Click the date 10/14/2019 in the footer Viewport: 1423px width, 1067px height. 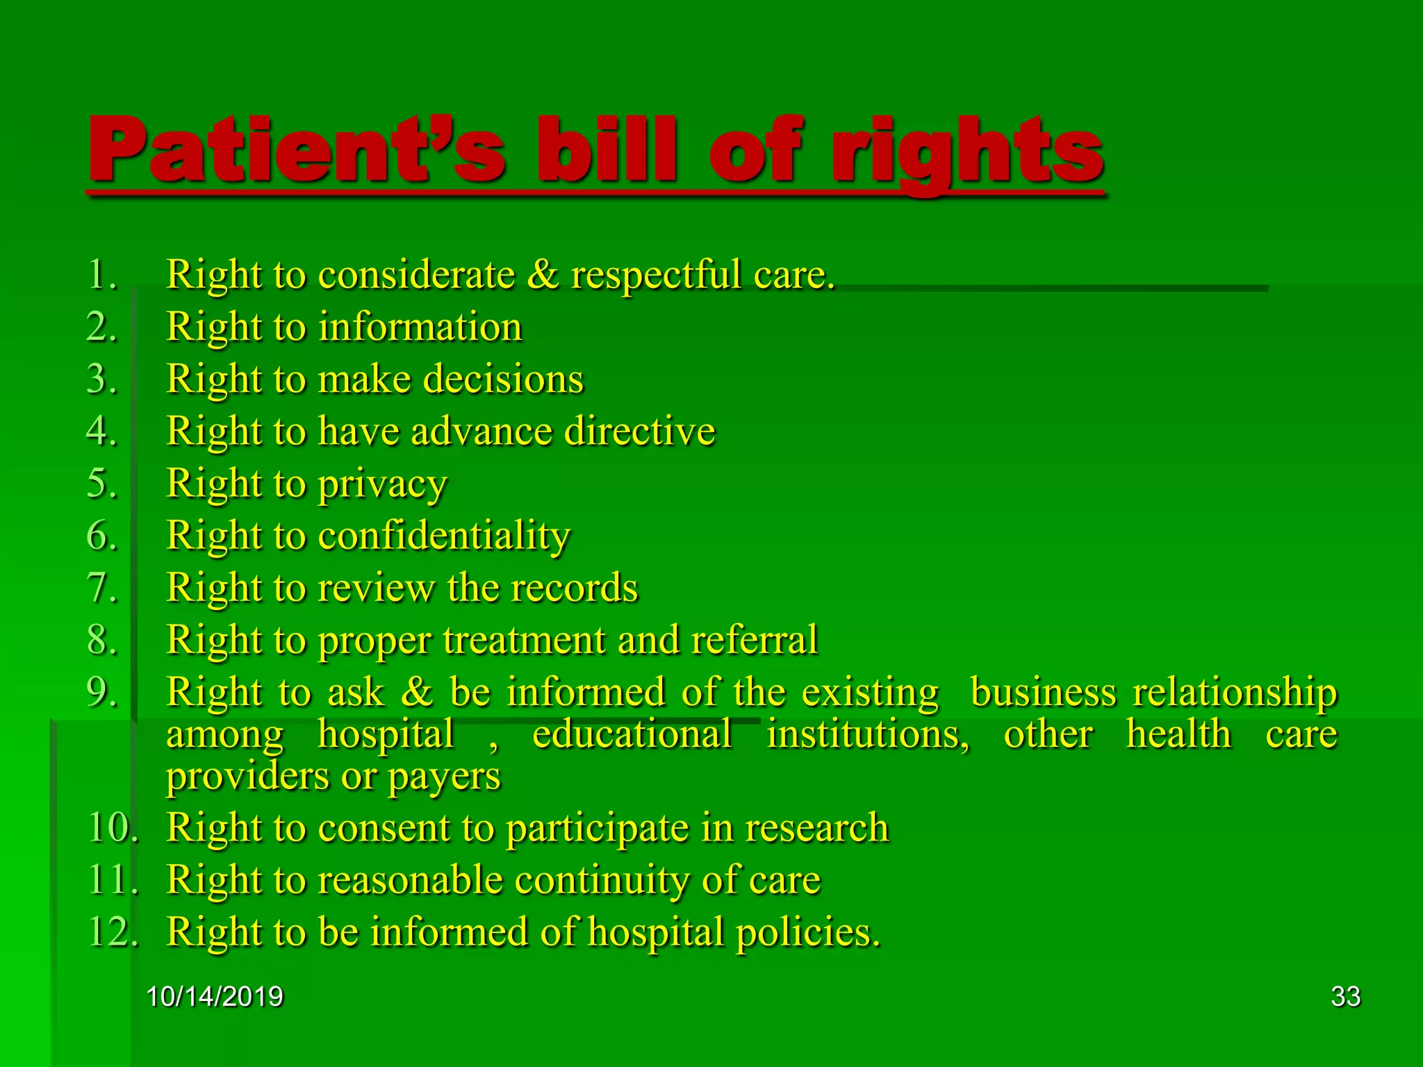(x=215, y=996)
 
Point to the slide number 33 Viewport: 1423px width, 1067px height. (x=1345, y=996)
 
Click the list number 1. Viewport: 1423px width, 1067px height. (x=101, y=274)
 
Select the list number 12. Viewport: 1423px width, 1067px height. (x=111, y=932)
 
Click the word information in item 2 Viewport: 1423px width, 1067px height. (x=420, y=326)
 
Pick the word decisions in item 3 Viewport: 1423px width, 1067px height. (x=503, y=379)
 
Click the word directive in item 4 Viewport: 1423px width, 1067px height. (x=639, y=431)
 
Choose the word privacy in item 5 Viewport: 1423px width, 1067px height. (x=382, y=485)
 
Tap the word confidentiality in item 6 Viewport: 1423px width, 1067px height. (x=444, y=536)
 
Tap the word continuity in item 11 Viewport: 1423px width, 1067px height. (x=601, y=881)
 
